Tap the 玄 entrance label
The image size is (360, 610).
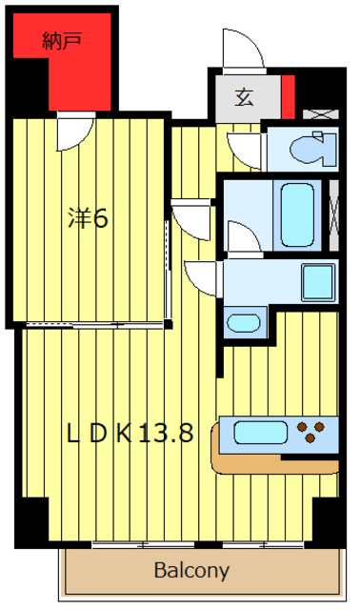click(x=245, y=96)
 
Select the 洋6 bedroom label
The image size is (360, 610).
click(x=88, y=218)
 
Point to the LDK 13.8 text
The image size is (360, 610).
click(x=130, y=434)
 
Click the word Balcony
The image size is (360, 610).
click(x=191, y=572)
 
